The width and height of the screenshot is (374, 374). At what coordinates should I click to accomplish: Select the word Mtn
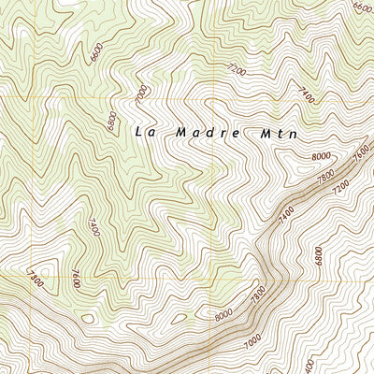point(280,133)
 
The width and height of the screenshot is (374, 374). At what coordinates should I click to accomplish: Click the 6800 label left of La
point(111,122)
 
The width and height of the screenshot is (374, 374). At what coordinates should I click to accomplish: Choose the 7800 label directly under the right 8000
point(324,178)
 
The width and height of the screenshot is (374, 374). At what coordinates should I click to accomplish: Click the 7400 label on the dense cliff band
point(286,214)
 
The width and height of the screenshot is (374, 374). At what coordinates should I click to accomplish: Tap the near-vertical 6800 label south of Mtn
point(319,254)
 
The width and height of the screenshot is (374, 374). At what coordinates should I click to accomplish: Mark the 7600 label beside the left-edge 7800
point(74,278)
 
